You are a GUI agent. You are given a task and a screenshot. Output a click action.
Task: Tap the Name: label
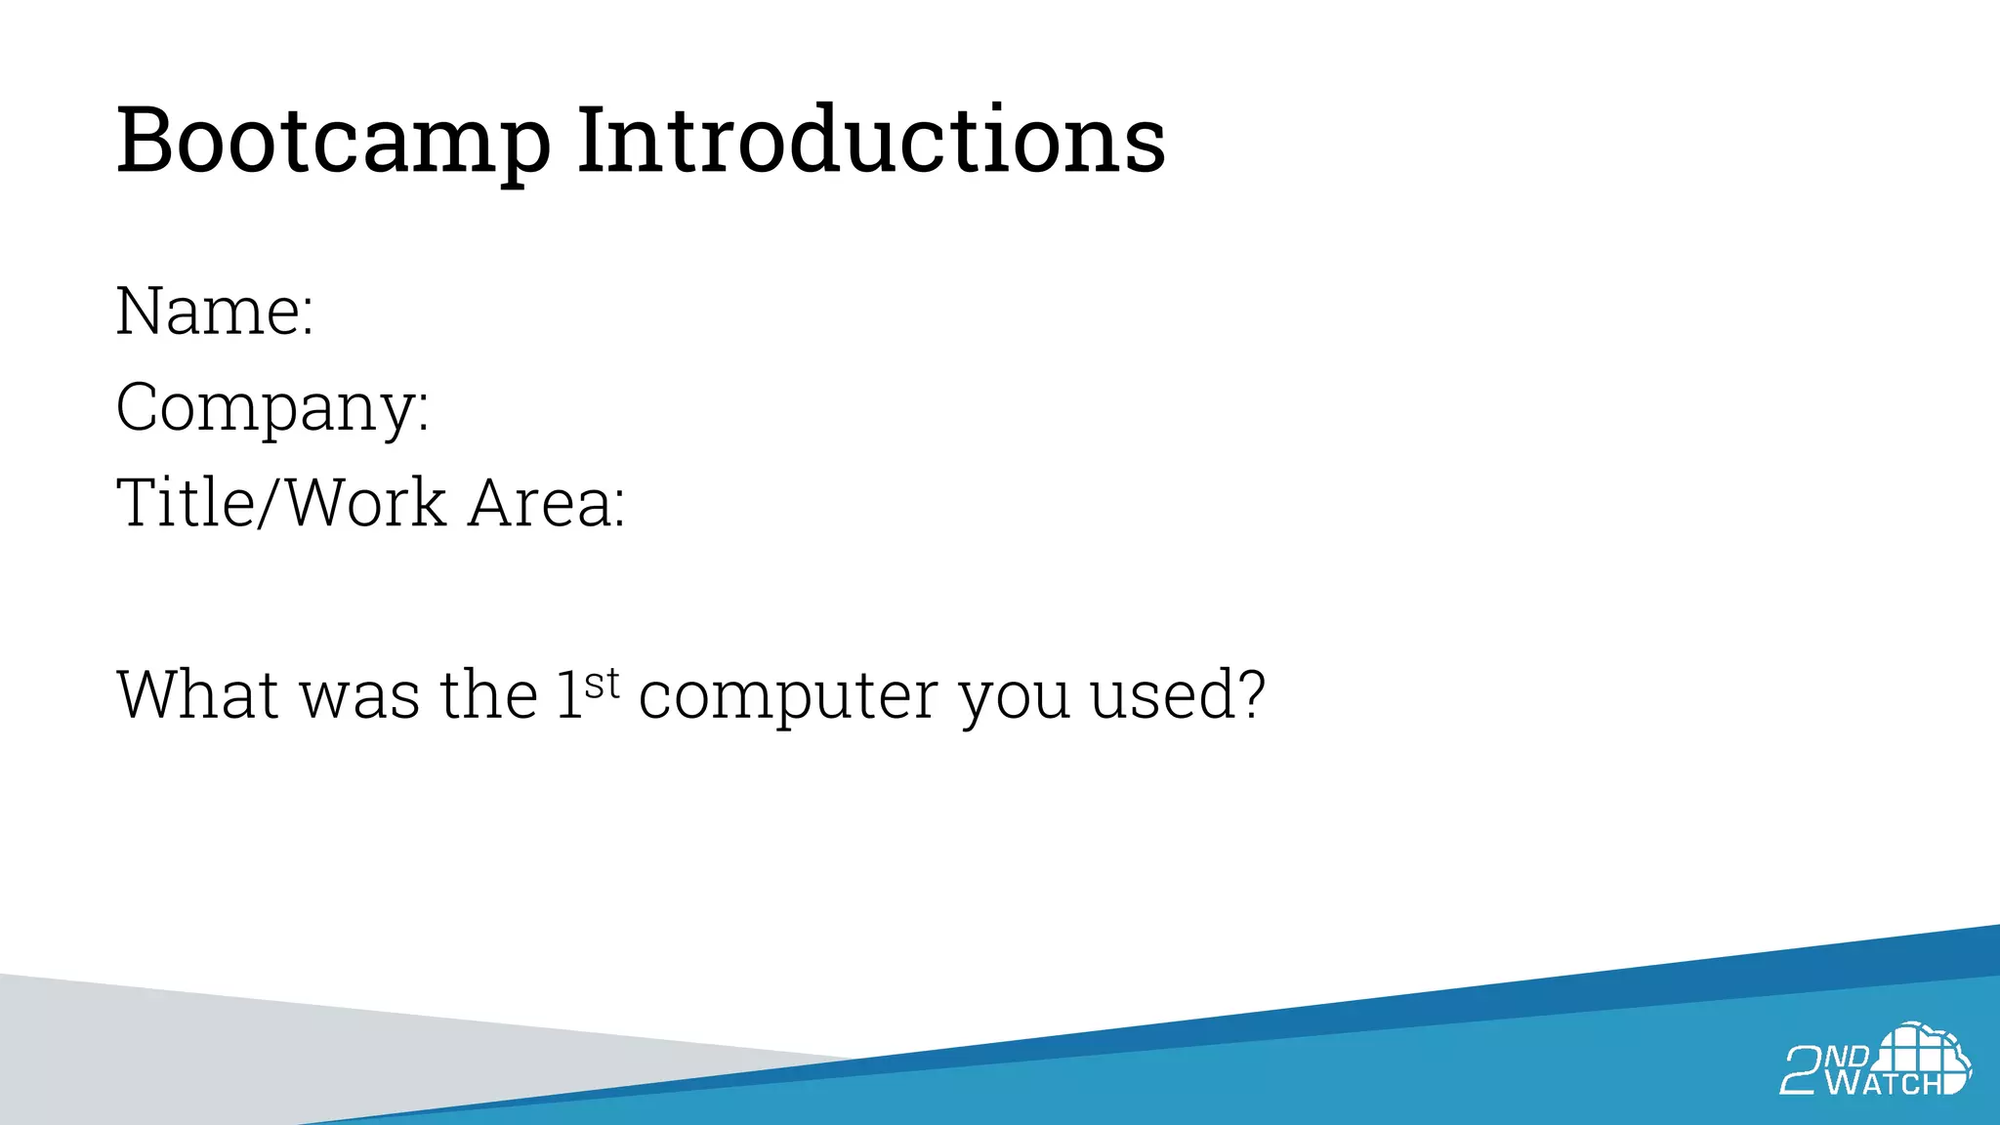tap(215, 312)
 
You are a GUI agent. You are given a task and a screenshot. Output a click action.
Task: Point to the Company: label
tap(272, 408)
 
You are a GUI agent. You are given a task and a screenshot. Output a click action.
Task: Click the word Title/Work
tap(281, 503)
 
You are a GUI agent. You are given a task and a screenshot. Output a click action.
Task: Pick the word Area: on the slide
tap(546, 503)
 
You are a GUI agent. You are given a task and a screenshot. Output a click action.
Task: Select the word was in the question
tap(359, 696)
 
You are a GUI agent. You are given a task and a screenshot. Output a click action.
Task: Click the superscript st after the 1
tap(603, 684)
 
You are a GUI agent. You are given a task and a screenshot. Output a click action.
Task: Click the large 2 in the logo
tap(1800, 1070)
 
